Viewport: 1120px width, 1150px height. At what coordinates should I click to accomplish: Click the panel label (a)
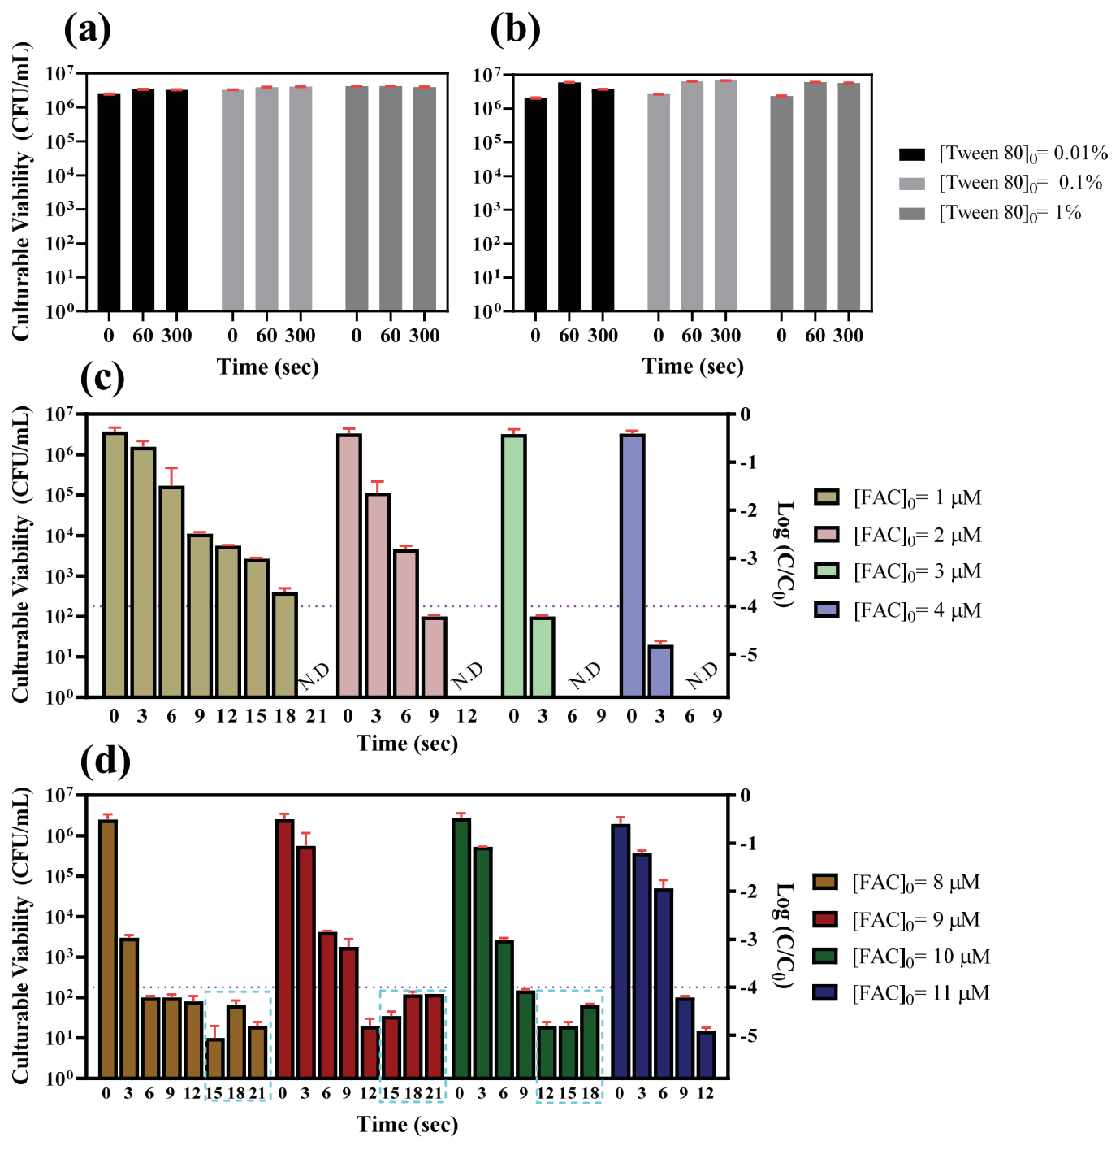click(x=88, y=30)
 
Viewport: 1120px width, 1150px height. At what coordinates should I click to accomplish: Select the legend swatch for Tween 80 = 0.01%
click(x=912, y=154)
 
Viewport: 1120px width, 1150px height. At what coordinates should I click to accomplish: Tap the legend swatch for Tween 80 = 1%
click(x=912, y=214)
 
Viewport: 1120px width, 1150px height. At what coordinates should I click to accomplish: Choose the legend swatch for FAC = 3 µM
click(x=827, y=571)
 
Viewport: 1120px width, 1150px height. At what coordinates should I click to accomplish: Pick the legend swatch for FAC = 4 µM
click(x=827, y=610)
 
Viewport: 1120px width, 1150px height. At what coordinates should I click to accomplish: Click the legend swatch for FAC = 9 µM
click(x=825, y=919)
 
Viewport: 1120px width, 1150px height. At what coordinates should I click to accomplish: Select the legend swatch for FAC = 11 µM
click(x=825, y=992)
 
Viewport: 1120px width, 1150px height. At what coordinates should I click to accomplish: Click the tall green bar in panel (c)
click(x=514, y=565)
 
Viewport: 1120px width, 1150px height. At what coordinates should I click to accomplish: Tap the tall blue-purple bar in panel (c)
click(x=632, y=565)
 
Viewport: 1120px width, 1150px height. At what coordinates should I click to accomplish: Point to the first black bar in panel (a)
click(x=109, y=202)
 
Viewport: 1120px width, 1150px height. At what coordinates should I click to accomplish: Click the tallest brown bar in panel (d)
click(x=108, y=948)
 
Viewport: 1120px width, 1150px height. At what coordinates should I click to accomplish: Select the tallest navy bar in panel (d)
click(x=621, y=951)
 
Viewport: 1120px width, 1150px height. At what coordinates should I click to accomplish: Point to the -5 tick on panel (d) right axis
click(x=746, y=1035)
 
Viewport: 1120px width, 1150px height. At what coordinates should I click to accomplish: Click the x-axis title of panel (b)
click(x=693, y=367)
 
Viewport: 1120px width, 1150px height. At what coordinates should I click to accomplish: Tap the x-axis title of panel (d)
click(x=407, y=1125)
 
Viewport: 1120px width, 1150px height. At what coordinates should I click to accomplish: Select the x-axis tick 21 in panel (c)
click(x=316, y=716)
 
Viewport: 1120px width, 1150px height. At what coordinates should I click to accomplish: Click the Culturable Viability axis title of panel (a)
click(x=21, y=191)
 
